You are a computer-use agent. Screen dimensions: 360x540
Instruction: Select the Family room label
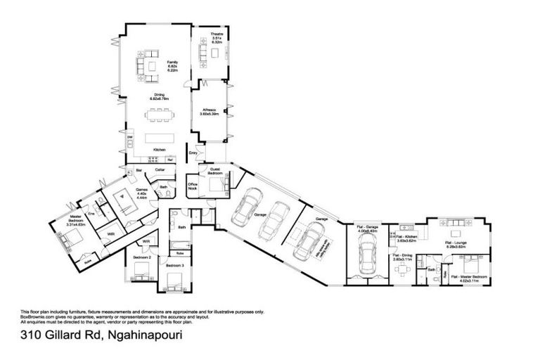coord(172,63)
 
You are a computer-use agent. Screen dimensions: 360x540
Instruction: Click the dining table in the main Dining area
coord(160,110)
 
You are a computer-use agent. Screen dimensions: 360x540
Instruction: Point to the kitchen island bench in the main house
coord(159,137)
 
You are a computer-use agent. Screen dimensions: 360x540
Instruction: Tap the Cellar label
coord(160,170)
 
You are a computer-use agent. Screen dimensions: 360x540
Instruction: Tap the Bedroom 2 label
coord(142,258)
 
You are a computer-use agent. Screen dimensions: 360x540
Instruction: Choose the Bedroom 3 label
coord(174,265)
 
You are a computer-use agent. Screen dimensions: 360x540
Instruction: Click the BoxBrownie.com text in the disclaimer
coord(37,316)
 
